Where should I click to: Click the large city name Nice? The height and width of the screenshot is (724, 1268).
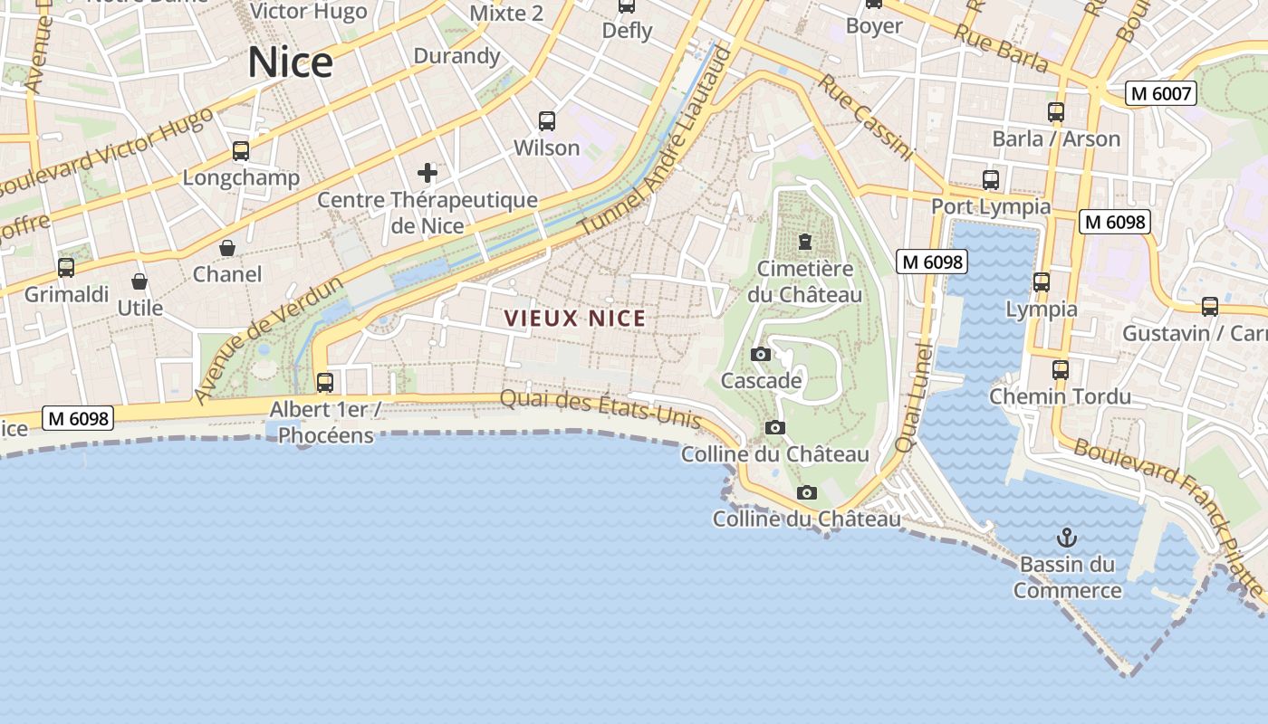point(290,62)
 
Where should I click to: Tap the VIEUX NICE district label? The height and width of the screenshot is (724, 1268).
point(575,319)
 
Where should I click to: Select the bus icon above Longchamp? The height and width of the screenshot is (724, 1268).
point(241,151)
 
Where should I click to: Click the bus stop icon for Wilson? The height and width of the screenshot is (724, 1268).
point(547,121)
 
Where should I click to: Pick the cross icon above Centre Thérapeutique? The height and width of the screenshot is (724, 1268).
point(427,173)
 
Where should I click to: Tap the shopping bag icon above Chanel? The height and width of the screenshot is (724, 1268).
point(227,248)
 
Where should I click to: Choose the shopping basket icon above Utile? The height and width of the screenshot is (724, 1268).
point(139,281)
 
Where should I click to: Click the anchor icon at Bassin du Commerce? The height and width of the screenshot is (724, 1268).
point(1067,538)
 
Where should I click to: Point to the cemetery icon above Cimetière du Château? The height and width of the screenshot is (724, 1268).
point(804,242)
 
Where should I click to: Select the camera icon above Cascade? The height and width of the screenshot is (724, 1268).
point(761,354)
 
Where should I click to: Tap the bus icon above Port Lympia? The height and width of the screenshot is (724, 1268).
point(991,180)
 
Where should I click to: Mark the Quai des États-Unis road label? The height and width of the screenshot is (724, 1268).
point(600,410)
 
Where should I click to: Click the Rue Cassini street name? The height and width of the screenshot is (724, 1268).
point(866,118)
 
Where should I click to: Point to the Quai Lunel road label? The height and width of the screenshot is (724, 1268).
point(913,398)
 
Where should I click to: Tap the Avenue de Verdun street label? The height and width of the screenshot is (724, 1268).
point(269,339)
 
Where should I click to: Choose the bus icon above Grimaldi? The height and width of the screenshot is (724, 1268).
point(66,268)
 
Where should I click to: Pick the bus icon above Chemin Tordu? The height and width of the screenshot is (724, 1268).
point(1061,370)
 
